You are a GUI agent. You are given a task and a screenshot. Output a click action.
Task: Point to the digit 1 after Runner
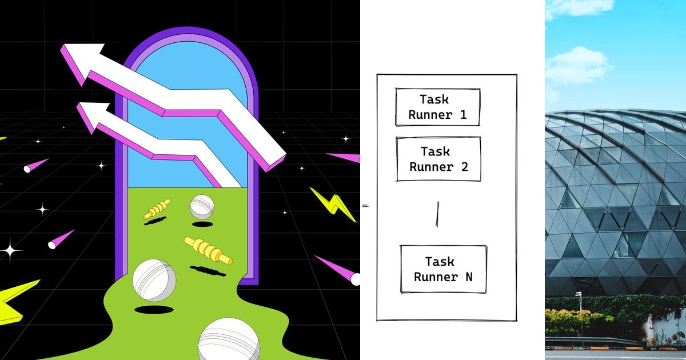coord(464,115)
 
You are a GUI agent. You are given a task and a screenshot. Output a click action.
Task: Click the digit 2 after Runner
coord(465,167)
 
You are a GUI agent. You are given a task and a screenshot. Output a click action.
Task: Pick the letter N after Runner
coord(469,277)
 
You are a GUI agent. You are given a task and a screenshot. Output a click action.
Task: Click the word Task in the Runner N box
coord(440,262)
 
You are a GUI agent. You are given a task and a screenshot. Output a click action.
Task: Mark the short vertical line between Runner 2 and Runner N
coord(438,214)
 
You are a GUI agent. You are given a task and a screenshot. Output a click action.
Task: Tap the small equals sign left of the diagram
coord(365,206)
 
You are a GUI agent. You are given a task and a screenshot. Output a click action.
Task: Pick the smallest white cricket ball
coord(202,207)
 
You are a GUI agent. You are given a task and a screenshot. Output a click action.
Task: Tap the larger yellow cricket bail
coord(208,250)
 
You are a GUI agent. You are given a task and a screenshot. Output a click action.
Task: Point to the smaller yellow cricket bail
coord(156,209)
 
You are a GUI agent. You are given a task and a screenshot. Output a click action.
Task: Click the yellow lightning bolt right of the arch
coord(333,204)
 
